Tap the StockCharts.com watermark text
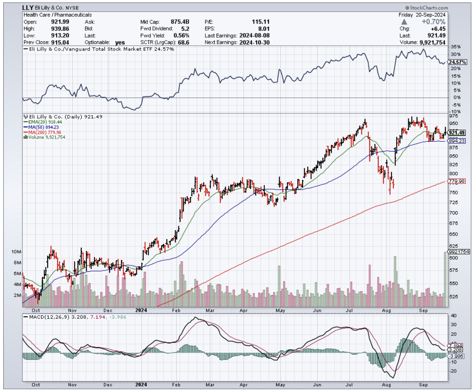427,8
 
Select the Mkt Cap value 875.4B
182,22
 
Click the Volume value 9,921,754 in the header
433,42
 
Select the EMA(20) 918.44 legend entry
44,121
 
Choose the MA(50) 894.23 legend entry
44,127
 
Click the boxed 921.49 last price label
457,133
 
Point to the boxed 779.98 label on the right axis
457,182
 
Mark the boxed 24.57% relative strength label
457,62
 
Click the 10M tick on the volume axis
16,252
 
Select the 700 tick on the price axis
453,213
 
